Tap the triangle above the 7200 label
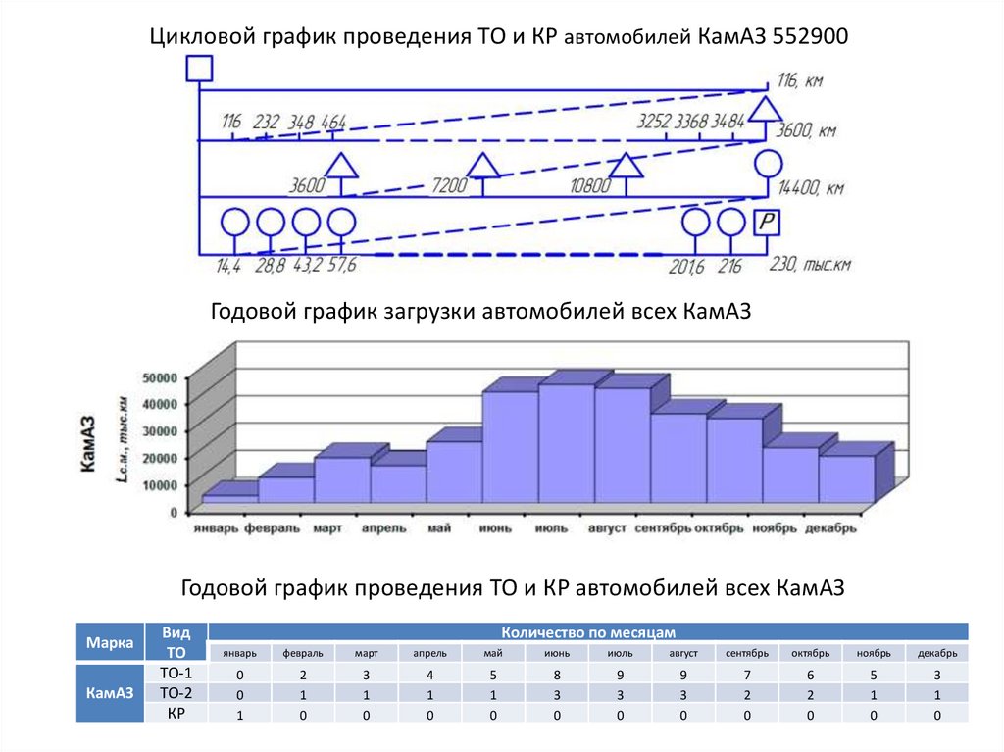(482, 166)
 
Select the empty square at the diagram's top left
(199, 68)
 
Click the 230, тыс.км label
(811, 265)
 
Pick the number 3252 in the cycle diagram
(653, 123)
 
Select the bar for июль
(566, 441)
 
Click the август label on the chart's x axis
(607, 528)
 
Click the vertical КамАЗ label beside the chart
(87, 445)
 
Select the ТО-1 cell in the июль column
(620, 675)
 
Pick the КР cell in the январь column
(240, 715)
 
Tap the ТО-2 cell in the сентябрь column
(747, 695)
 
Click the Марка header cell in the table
(110, 643)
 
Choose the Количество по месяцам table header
(588, 632)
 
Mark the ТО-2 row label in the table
(176, 694)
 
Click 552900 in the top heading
(810, 37)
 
